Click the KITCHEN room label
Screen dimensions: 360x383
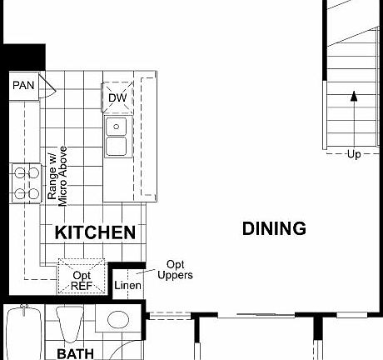(95, 232)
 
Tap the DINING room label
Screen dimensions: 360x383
(274, 228)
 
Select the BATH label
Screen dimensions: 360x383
(76, 354)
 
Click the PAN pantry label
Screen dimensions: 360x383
(22, 85)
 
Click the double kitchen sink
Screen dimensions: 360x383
(117, 137)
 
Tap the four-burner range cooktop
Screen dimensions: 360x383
(26, 183)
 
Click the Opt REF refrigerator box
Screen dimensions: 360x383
(82, 278)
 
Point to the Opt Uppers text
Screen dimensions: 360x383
(175, 269)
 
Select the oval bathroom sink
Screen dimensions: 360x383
(119, 320)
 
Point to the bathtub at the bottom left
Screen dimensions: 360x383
(22, 333)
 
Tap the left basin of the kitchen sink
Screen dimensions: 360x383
(117, 127)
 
